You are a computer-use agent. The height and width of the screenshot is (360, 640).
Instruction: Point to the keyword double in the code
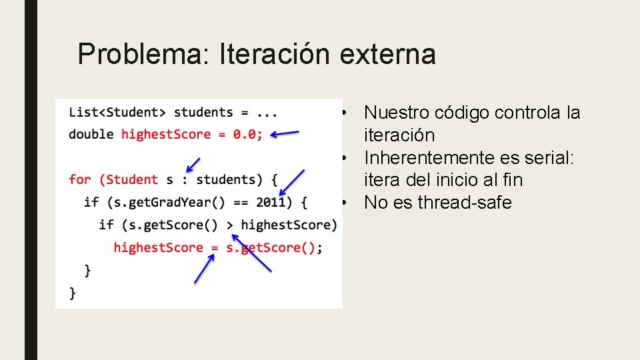point(91,134)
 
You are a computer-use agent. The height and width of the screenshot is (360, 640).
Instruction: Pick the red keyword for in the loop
point(79,179)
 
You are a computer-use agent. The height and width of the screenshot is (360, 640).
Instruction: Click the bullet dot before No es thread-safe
point(342,202)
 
